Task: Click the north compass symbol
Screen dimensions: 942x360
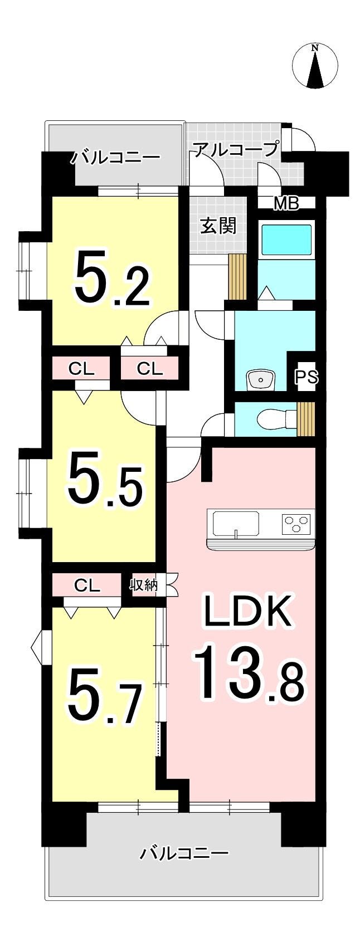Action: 315,65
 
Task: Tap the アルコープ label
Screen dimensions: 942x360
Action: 235,149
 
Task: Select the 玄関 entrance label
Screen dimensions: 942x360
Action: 218,226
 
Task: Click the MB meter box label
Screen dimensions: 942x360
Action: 286,203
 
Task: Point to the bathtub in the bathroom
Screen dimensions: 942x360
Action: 286,240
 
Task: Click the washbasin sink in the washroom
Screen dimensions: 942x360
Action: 260,380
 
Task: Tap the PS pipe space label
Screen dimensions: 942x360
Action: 306,377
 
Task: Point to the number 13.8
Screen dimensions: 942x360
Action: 249,671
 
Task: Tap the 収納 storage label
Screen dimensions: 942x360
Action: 144,585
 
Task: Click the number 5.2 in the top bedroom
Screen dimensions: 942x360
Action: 113,277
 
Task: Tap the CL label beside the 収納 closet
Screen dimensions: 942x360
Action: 87,585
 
